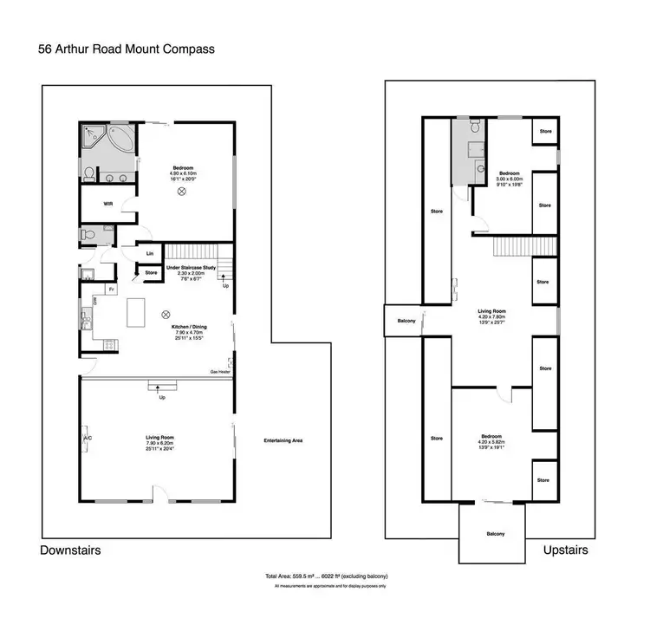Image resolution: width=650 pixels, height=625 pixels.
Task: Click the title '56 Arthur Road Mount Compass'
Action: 127,49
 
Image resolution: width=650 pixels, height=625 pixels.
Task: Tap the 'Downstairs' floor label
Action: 70,550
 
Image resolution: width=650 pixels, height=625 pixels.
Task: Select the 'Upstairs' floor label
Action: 566,550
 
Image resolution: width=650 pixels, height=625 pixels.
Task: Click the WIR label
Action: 108,205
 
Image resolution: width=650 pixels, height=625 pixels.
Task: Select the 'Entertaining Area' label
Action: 283,442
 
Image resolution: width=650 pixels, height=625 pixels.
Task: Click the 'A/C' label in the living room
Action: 88,439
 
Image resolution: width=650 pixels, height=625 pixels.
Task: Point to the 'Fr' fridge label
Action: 112,288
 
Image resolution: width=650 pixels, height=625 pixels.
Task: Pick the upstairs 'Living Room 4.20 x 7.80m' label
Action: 491,315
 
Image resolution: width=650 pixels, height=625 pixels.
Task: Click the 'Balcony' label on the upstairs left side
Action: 404,322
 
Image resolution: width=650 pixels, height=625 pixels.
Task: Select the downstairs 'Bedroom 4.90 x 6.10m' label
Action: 182,172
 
